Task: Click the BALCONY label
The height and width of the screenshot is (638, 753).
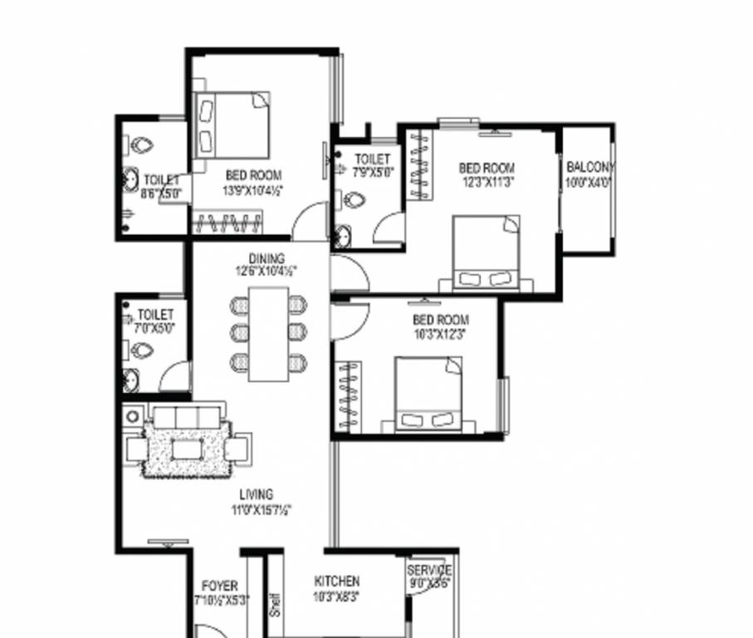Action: click(x=590, y=167)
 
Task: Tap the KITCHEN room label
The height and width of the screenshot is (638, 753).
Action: click(x=337, y=582)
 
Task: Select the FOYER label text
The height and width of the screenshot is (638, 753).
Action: click(x=220, y=586)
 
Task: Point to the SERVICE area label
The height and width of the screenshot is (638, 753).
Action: click(x=429, y=571)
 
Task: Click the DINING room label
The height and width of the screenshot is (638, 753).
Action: click(x=266, y=258)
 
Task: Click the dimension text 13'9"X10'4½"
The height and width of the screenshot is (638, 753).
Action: click(x=254, y=190)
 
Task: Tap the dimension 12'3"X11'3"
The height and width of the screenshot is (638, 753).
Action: click(x=487, y=183)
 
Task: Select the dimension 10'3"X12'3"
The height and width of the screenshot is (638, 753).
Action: click(x=440, y=334)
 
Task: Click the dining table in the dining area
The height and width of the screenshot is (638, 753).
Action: click(x=268, y=334)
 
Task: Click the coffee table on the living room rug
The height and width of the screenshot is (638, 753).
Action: click(x=187, y=449)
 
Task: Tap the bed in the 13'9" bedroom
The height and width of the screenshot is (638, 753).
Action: click(x=232, y=125)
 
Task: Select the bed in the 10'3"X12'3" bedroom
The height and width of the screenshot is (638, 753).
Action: click(x=428, y=394)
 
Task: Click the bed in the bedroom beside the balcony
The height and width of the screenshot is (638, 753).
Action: click(x=487, y=253)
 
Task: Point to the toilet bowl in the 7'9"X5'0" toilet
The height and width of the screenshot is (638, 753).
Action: click(x=354, y=200)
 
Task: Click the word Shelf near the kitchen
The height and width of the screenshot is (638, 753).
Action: click(x=276, y=603)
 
